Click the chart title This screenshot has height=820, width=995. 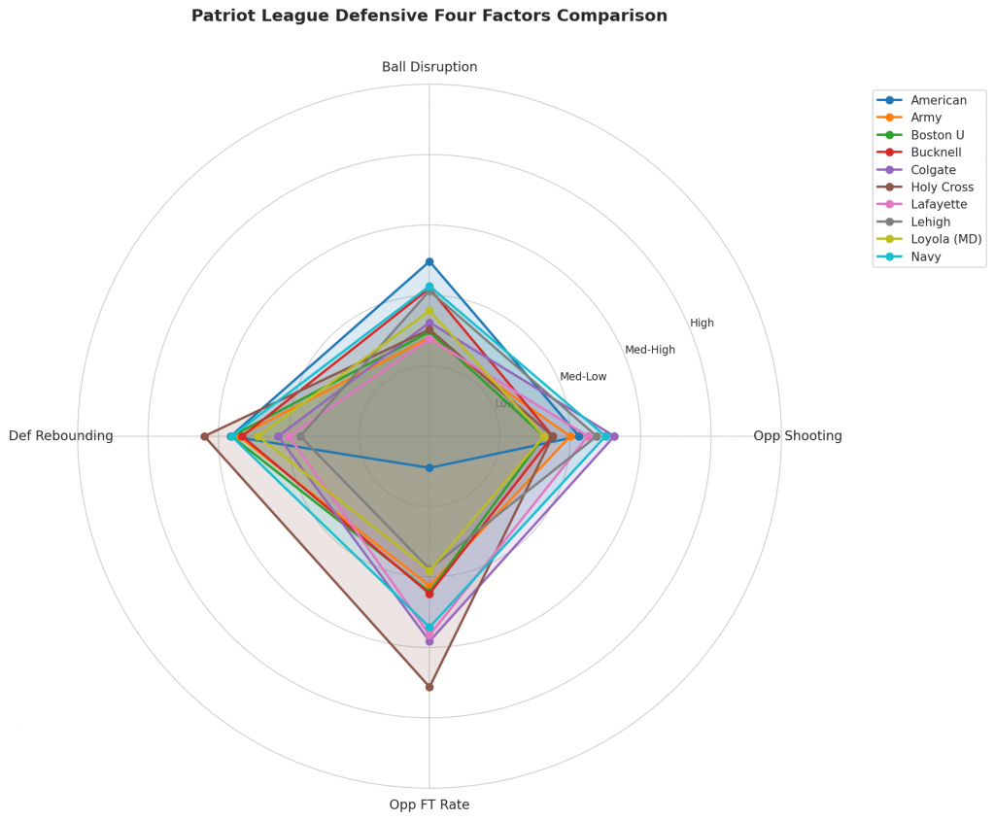[x=429, y=16]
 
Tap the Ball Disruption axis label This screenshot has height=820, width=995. [x=429, y=67]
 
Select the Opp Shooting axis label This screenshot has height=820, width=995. [x=797, y=436]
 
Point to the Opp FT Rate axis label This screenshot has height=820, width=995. [x=429, y=804]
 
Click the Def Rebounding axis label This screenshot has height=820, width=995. [x=60, y=436]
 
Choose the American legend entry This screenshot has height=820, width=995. [x=938, y=100]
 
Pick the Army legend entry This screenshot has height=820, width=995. [x=927, y=118]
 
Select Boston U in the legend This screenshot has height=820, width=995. [x=937, y=135]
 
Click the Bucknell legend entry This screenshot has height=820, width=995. [x=936, y=153]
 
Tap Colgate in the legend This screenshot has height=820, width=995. [x=934, y=170]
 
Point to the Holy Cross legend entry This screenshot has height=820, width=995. [x=942, y=188]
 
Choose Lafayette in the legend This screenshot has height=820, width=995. [x=938, y=205]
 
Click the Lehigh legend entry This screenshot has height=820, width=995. [x=931, y=222]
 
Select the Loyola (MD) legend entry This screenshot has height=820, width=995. [x=945, y=239]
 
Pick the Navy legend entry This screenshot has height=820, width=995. [x=926, y=256]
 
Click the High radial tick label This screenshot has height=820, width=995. [x=702, y=323]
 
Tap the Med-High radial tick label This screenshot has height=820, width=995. [x=649, y=350]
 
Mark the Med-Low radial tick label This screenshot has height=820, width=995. [x=583, y=376]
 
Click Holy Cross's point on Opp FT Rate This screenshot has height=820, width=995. [x=429, y=687]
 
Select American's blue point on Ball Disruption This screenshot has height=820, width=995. [x=429, y=262]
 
